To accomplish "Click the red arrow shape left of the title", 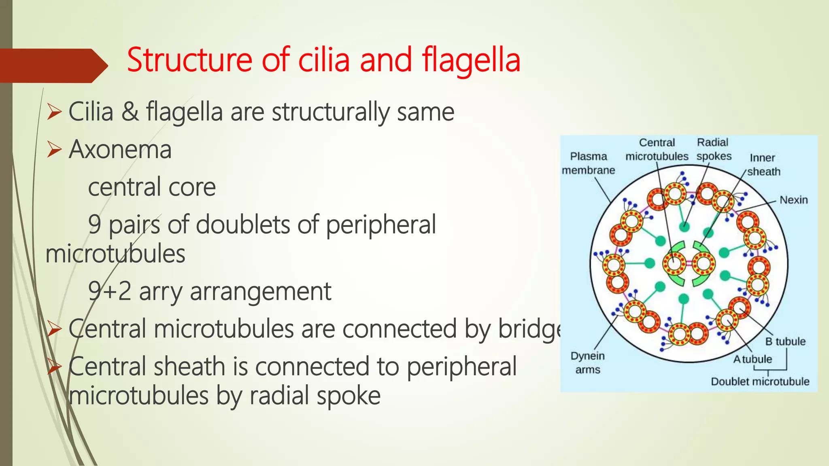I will [x=53, y=66].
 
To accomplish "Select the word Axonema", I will [x=120, y=149].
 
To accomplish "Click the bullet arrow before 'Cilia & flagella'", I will [x=54, y=112].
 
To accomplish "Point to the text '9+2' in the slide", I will [x=109, y=291].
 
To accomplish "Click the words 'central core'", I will [x=152, y=187].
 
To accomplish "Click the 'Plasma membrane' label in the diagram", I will [x=588, y=163].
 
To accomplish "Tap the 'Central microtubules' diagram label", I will [x=657, y=149].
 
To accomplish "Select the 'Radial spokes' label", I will [x=714, y=149].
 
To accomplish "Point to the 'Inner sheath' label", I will [x=763, y=164].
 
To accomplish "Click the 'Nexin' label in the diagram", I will [x=793, y=200].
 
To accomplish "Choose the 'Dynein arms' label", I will [x=588, y=362].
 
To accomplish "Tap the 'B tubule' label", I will [x=785, y=341].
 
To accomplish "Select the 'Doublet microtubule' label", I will [x=760, y=381].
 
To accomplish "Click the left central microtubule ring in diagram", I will [x=674, y=263].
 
